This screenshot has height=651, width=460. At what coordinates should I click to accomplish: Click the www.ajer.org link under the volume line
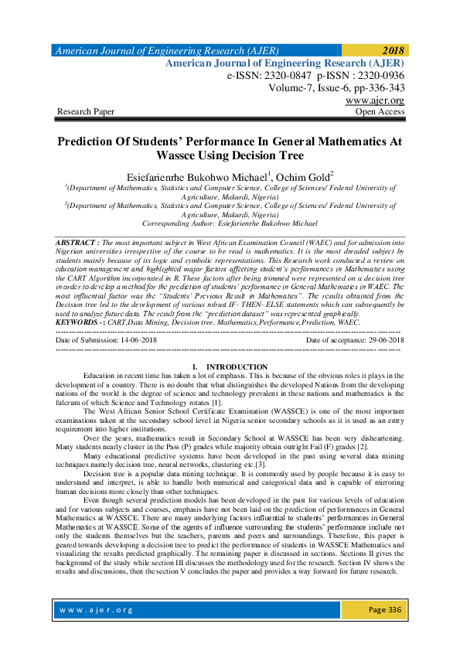tap(375, 101)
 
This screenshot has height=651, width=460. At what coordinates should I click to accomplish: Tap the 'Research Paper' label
tap(86, 112)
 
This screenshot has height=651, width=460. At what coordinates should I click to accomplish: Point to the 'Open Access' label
tap(380, 112)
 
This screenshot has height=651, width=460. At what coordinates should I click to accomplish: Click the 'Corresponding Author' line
tap(230, 222)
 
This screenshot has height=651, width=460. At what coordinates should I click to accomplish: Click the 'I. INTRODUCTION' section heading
tap(230, 366)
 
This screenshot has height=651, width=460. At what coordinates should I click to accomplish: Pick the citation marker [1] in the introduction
tap(218, 404)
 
